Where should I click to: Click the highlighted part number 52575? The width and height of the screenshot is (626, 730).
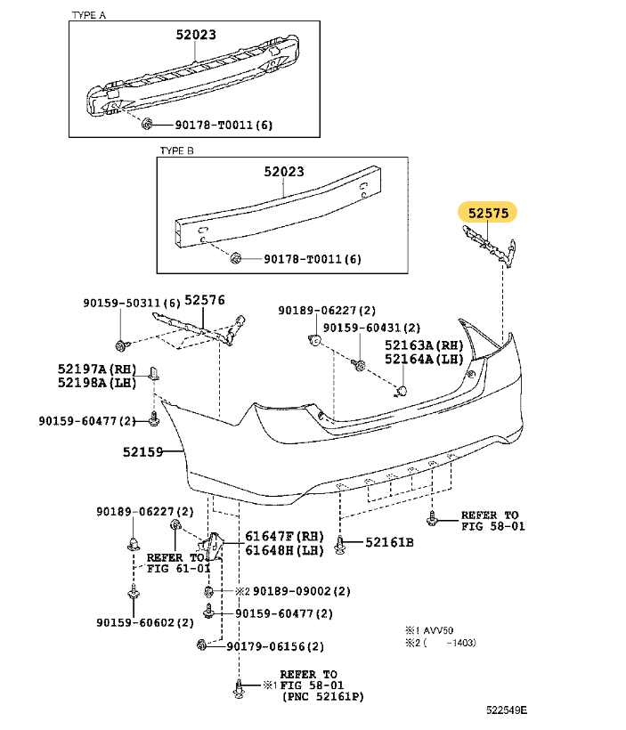(487, 214)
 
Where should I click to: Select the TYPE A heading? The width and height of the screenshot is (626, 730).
(88, 16)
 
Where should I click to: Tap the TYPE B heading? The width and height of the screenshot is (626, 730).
(176, 150)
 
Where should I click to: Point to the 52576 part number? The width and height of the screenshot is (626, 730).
(206, 301)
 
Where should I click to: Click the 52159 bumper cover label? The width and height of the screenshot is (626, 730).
(144, 451)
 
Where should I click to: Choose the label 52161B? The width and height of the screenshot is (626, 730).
(388, 541)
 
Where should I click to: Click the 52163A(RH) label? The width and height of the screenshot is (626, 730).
(424, 345)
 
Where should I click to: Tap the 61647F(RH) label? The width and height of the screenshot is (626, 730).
(272, 536)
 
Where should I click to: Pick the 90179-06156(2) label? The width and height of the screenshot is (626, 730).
(274, 646)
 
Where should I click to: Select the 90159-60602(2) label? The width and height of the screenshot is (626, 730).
(145, 622)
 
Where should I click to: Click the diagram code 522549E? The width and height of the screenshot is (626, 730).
(505, 710)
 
